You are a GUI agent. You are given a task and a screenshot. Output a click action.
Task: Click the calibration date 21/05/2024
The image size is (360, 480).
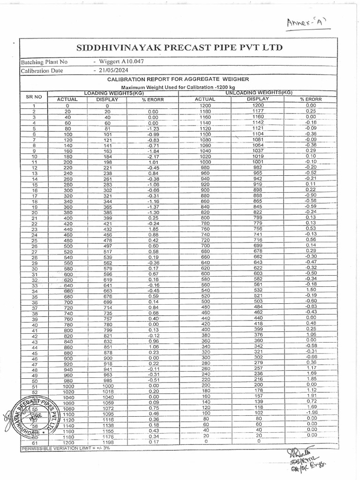pyautogui.click(x=112, y=70)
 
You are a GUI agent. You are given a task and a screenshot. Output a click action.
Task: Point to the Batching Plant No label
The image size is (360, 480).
pyautogui.click(x=44, y=62)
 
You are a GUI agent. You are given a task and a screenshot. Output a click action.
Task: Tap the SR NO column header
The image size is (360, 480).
pyautogui.click(x=33, y=96)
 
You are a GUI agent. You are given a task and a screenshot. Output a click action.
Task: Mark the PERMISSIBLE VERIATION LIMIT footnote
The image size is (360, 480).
pyautogui.click(x=66, y=448)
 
